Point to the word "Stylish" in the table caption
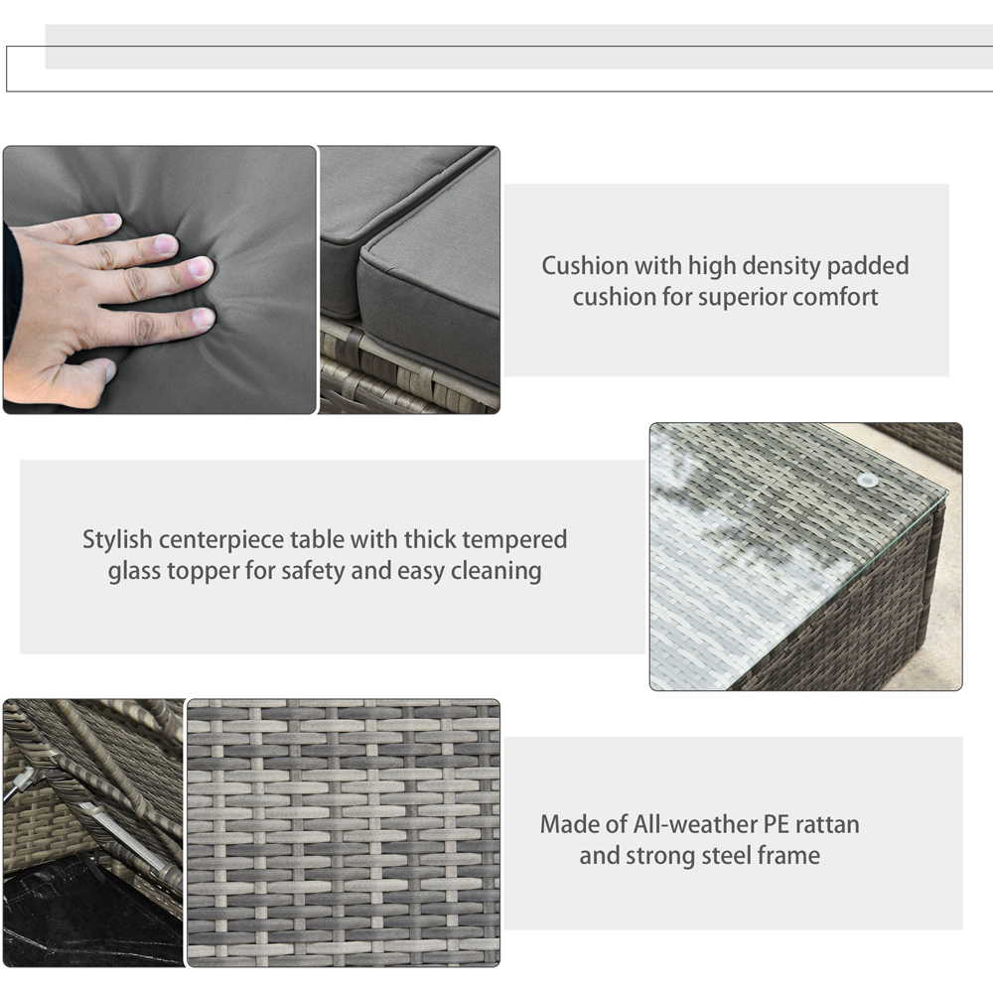(x=117, y=539)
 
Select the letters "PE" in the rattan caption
(x=776, y=824)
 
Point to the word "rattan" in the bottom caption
(x=827, y=824)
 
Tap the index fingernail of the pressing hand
(x=109, y=220)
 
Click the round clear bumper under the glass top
(x=868, y=480)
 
